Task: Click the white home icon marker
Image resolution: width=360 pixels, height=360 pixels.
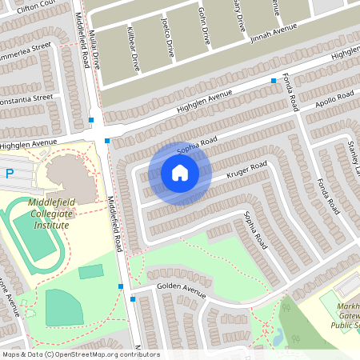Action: pos(180,173)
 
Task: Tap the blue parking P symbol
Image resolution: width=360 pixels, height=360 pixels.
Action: pos(10,173)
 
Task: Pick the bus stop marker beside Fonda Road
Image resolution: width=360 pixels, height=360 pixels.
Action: pos(274,81)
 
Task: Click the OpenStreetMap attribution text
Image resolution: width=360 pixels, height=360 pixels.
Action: pos(80,354)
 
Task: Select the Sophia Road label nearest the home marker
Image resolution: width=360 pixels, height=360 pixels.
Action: pos(198,146)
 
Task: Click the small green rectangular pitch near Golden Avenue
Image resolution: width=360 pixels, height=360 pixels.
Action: pos(91,271)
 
